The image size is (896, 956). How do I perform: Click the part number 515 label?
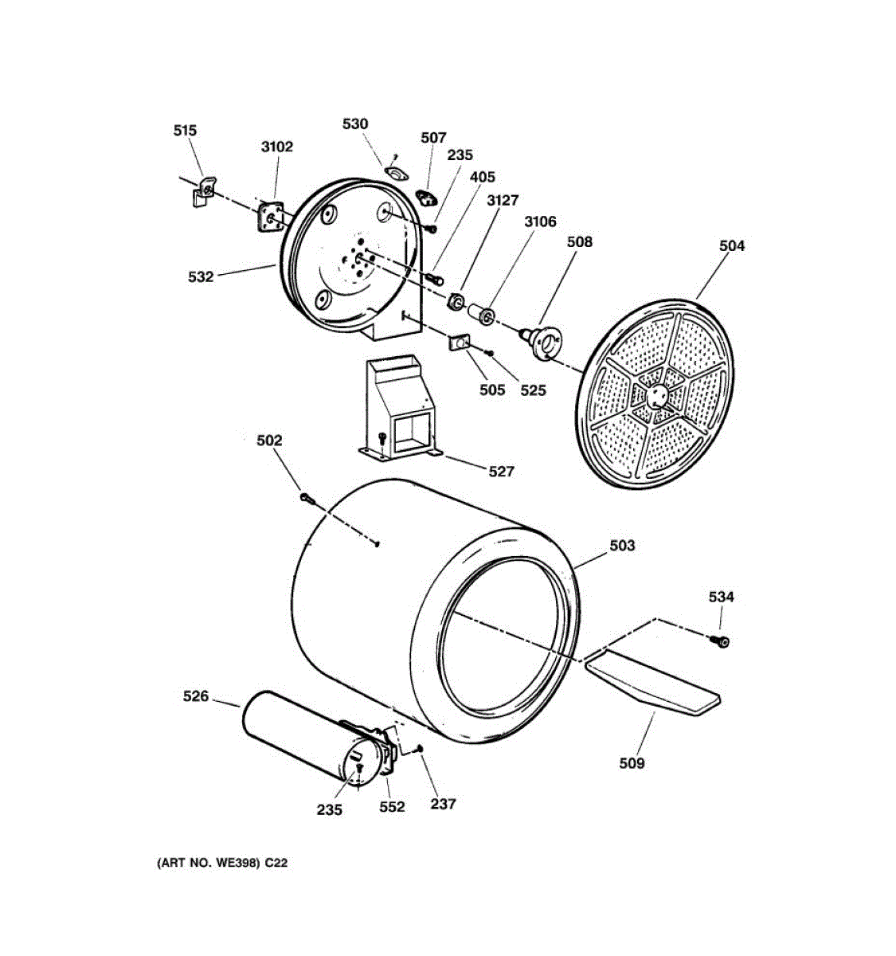pos(185,131)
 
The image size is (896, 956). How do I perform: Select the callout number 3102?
pos(276,147)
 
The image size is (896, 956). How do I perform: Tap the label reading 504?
pos(731,246)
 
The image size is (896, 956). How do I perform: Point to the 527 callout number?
pos(501,472)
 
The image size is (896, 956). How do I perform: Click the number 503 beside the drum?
pos(622,546)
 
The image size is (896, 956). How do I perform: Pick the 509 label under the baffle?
pos(632,763)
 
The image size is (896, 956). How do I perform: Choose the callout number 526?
pos(196,696)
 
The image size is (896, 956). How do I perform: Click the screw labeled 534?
pos(722,640)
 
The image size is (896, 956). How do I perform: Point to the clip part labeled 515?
pos(203,191)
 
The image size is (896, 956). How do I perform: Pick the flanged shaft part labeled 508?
pos(545,341)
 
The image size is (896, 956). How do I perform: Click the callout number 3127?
pos(503,201)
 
